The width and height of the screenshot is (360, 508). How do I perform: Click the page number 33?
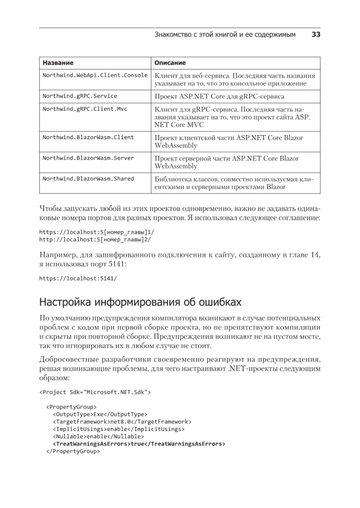pyautogui.click(x=315, y=35)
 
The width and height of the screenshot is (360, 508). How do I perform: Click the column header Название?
pyautogui.click(x=58, y=63)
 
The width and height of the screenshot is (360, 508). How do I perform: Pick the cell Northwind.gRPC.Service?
pyautogui.click(x=80, y=96)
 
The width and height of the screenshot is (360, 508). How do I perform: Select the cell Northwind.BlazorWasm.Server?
pyautogui.click(x=88, y=158)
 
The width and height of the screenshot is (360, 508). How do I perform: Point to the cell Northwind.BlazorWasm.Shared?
pyautogui.click(x=88, y=179)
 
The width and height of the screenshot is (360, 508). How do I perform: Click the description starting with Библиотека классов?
pyautogui.click(x=234, y=183)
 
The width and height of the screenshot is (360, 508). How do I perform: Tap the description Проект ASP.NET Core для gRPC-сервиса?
pyautogui.click(x=219, y=96)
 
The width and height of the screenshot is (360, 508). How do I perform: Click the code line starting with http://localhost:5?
pyautogui.click(x=95, y=239)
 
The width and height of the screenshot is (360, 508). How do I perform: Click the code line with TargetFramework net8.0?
pyautogui.click(x=122, y=422)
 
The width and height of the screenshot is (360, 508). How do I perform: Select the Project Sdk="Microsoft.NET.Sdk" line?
pyautogui.click(x=95, y=392)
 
